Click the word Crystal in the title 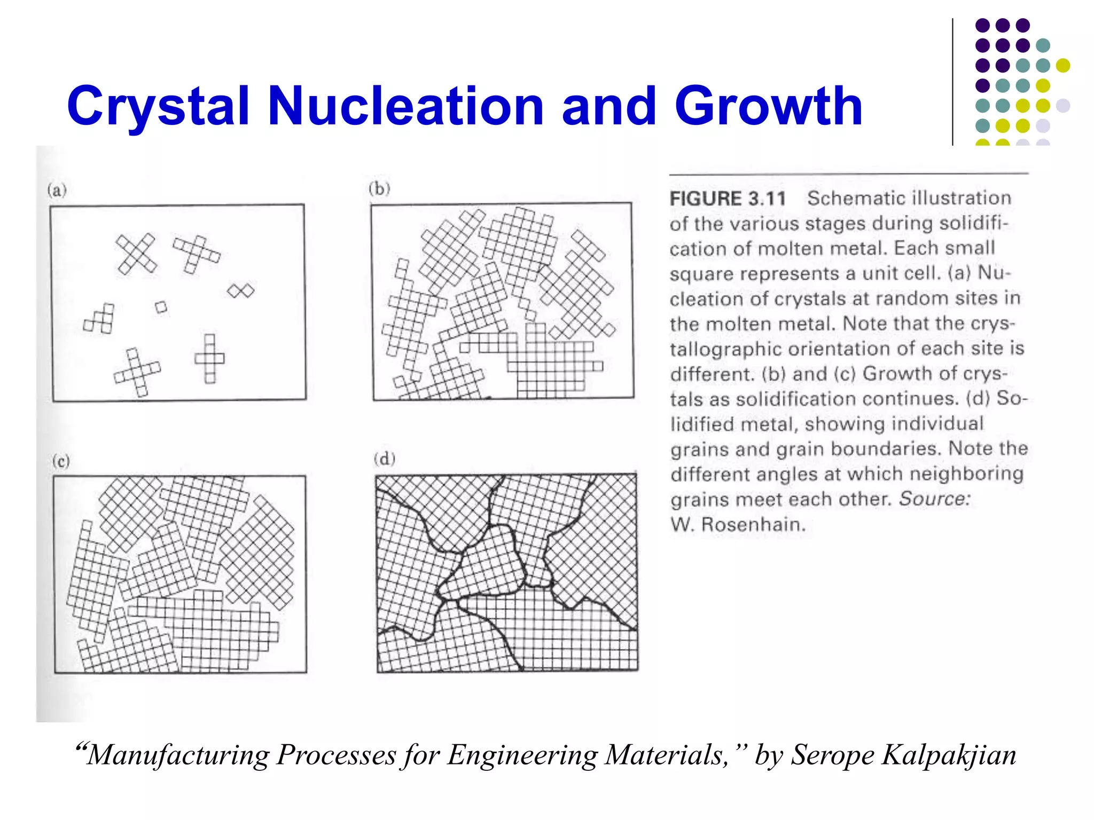(158, 107)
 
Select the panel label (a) (57, 190)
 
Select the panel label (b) (379, 188)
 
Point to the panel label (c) (61, 460)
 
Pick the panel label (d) (384, 459)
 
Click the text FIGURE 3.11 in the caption (728, 199)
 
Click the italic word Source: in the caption (934, 499)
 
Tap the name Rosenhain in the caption (753, 524)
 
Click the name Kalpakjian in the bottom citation (949, 755)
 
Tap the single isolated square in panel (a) (161, 307)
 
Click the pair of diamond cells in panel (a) (241, 290)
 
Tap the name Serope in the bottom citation (832, 755)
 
